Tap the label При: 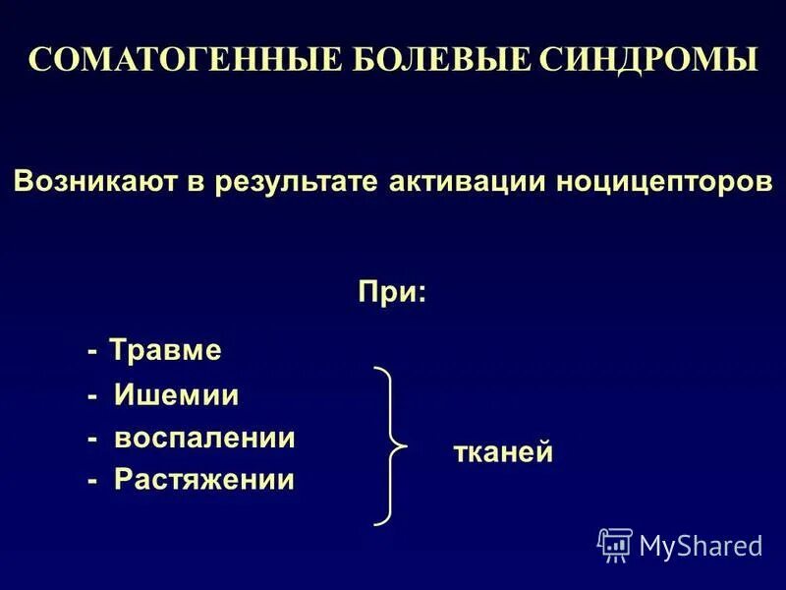[391, 292]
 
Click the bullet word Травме [165, 350]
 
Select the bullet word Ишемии [177, 395]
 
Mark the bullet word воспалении [204, 438]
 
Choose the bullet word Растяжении [204, 480]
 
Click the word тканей [503, 452]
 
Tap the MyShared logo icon [615, 544]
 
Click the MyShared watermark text [701, 545]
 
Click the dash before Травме [92, 351]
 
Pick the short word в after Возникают [207, 183]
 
